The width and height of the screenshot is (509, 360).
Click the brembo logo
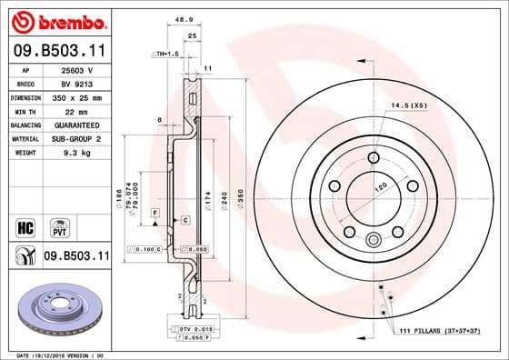point(57,20)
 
